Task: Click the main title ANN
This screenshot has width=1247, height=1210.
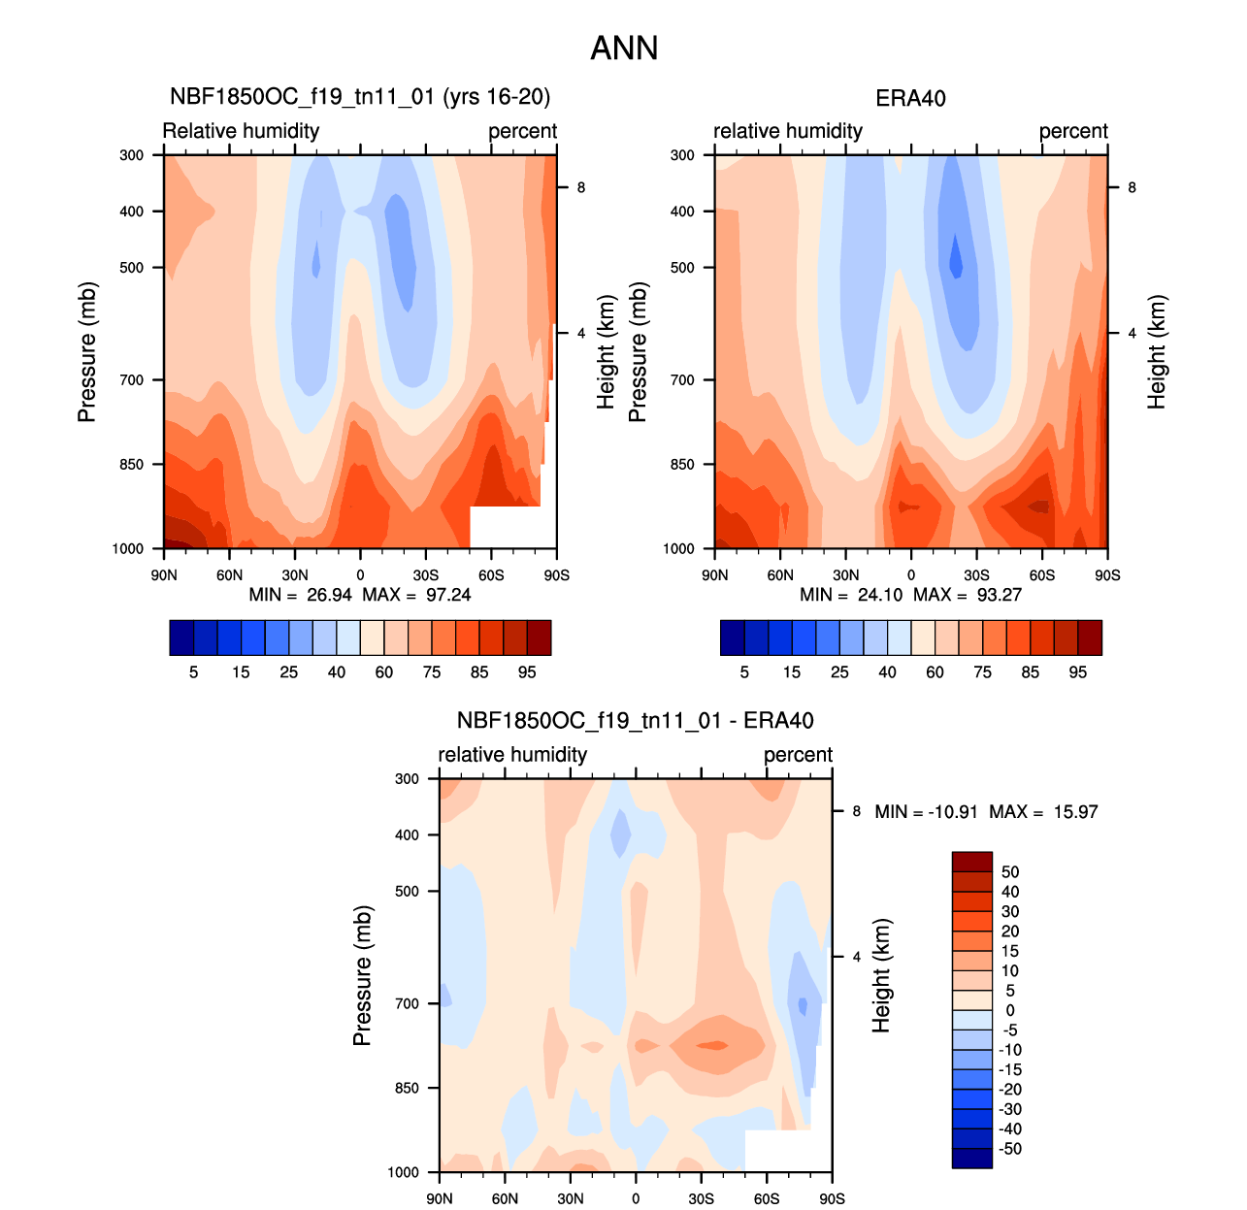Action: click(624, 49)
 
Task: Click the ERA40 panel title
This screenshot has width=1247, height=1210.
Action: click(910, 98)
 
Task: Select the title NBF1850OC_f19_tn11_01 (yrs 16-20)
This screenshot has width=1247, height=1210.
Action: click(360, 97)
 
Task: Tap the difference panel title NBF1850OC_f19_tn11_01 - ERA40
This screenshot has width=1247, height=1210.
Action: click(635, 721)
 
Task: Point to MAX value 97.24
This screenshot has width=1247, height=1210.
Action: click(448, 595)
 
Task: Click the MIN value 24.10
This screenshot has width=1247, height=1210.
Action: click(880, 595)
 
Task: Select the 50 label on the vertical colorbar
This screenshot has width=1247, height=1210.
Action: click(1010, 872)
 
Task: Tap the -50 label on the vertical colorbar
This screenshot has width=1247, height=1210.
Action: click(1010, 1149)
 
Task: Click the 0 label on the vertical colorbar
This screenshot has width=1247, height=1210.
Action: click(1010, 1011)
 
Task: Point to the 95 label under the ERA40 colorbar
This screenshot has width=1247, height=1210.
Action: click(1078, 672)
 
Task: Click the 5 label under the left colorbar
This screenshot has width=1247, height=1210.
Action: click(194, 672)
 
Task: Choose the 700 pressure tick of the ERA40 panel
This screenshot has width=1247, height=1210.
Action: click(683, 380)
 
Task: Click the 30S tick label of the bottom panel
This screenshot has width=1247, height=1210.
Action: click(702, 1199)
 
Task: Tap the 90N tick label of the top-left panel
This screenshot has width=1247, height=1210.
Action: click(164, 575)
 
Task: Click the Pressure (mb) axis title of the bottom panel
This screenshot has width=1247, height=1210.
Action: click(362, 976)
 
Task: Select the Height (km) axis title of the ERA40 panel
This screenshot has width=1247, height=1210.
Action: click(1156, 352)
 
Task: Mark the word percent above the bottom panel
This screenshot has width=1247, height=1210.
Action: click(798, 755)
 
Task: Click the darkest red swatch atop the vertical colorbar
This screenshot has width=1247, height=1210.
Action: click(972, 862)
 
